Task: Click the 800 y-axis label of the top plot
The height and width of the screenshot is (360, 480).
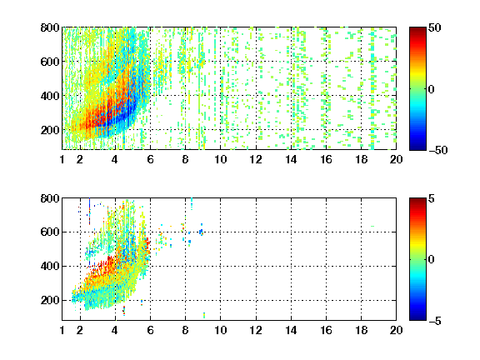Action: [x=50, y=27]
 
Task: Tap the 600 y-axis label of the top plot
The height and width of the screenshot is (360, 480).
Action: [x=50, y=62]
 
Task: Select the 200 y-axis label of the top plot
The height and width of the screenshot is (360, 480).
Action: [x=50, y=130]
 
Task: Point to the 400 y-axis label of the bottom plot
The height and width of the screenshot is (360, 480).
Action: [x=50, y=266]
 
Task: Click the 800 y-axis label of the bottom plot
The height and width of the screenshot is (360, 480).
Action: [x=50, y=198]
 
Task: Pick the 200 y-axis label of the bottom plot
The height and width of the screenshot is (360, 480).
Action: [x=50, y=300]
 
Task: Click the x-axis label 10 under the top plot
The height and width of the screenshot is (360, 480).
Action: [x=220, y=159]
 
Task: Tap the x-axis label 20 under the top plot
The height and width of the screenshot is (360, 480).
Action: [x=396, y=159]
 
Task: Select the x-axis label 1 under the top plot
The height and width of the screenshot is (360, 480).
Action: [x=62, y=159]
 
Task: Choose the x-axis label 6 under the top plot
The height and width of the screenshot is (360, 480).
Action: [x=150, y=159]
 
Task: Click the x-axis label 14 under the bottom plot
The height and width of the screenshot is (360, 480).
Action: [x=291, y=330]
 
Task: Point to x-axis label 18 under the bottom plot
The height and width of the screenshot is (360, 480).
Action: [x=361, y=330]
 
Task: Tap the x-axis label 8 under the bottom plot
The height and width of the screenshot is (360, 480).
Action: [x=185, y=330]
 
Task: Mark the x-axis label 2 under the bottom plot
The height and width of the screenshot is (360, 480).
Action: [x=80, y=330]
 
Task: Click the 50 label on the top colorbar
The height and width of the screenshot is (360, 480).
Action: [x=435, y=27]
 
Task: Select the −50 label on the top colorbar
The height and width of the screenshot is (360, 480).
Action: [x=438, y=150]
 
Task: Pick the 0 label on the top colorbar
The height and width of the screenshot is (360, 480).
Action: [x=431, y=89]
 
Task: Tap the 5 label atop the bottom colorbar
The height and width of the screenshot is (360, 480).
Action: [x=432, y=198]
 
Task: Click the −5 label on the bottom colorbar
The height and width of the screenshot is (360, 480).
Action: [x=435, y=321]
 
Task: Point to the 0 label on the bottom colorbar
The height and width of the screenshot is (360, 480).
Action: [x=431, y=260]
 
